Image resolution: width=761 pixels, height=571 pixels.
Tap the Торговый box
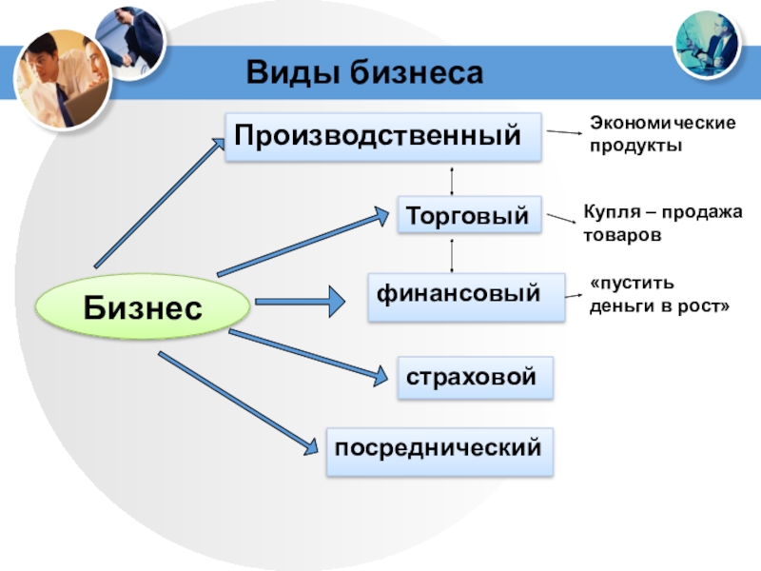pyautogui.click(x=469, y=216)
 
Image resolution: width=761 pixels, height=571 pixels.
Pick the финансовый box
pyautogui.click(x=459, y=295)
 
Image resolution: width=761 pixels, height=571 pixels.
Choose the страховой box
pyautogui.click(x=474, y=377)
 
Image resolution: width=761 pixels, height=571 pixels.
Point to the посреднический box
pyautogui.click(x=439, y=450)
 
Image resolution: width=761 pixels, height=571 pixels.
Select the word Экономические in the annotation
pyautogui.click(x=662, y=124)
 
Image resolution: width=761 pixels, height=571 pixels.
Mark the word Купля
pyautogui.click(x=607, y=212)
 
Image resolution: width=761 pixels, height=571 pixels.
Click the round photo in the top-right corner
pyautogui.click(x=708, y=43)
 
